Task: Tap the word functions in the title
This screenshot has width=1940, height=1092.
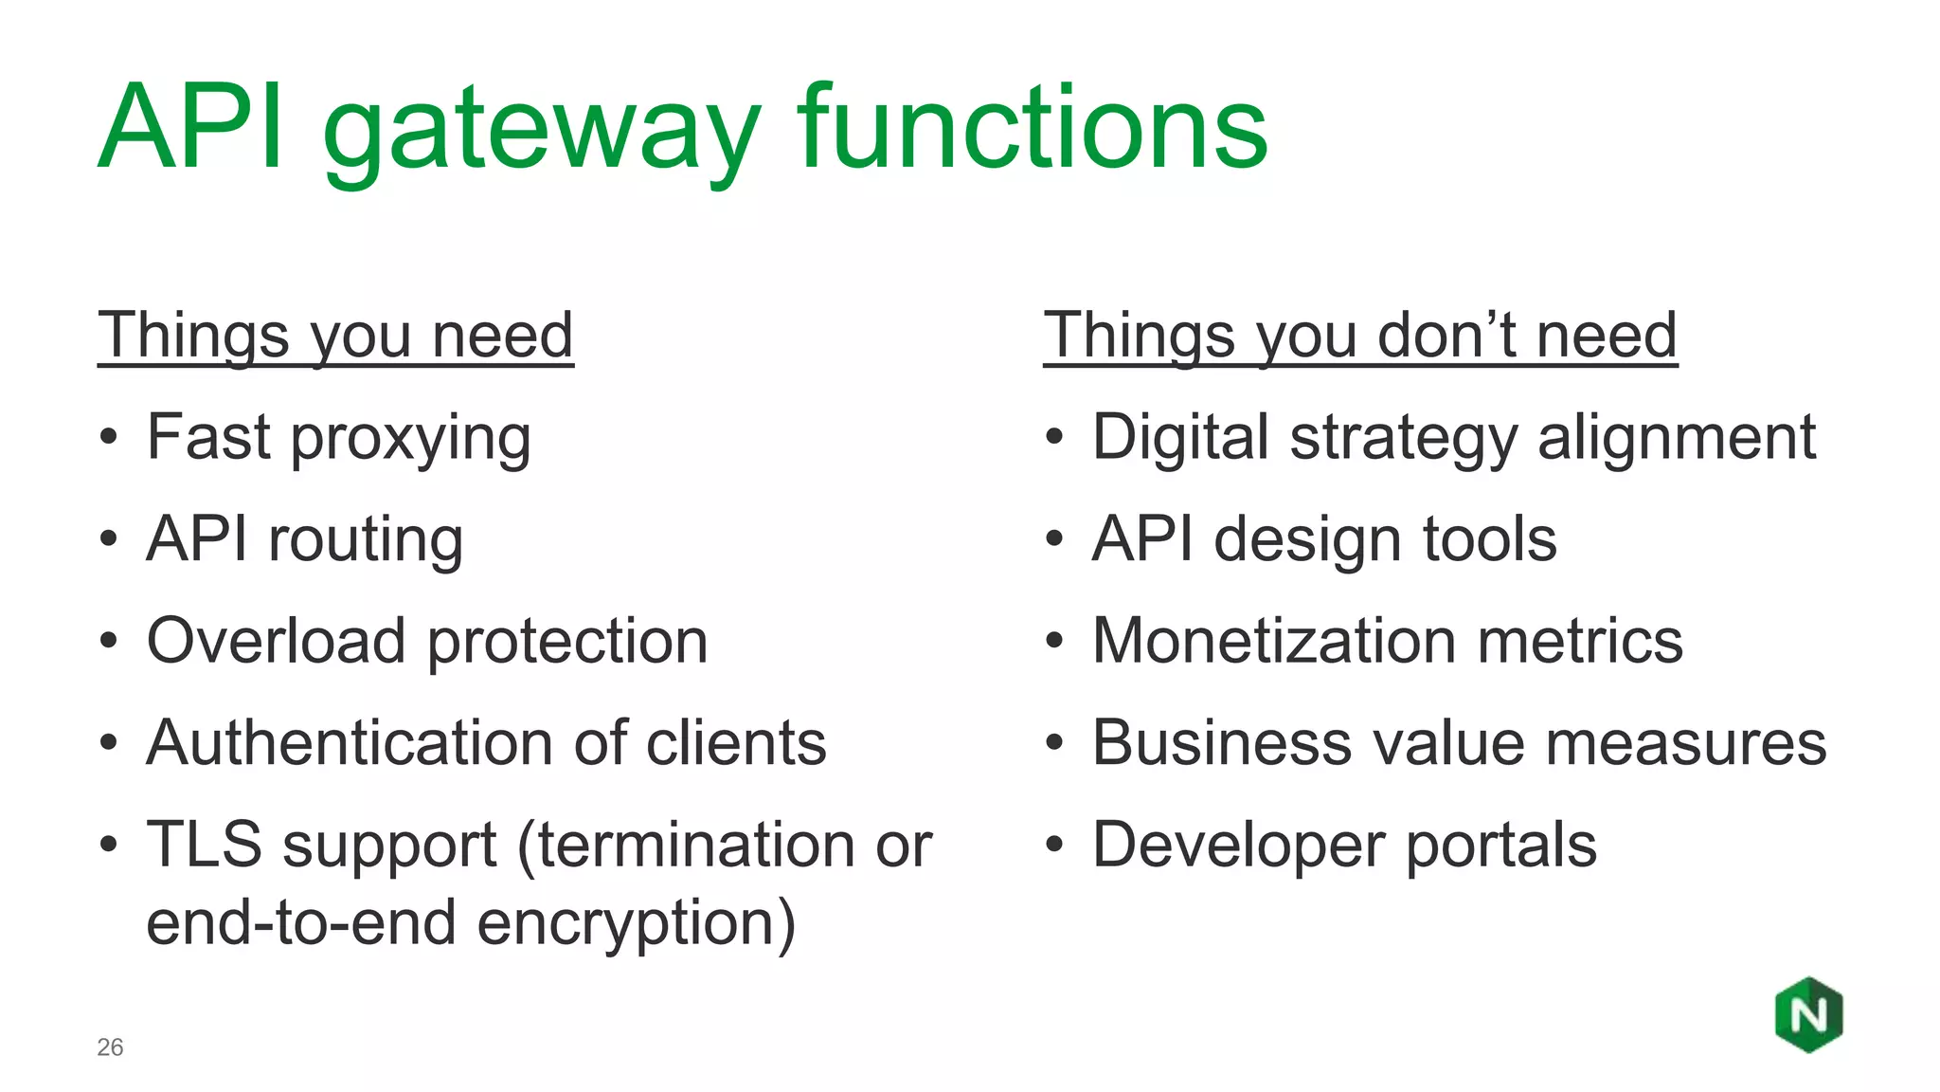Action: tap(1033, 128)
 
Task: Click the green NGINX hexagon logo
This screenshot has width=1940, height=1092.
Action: tap(1808, 1015)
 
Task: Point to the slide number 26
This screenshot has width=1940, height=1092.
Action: tap(110, 1047)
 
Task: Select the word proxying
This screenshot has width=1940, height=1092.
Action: tap(410, 441)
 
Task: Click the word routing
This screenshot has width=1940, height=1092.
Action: tap(366, 540)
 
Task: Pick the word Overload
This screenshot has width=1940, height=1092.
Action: tap(277, 641)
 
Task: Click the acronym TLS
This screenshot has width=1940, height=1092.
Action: tap(204, 845)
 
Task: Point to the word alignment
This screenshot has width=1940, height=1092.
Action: tap(1676, 439)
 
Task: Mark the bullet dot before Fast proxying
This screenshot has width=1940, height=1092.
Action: tap(109, 439)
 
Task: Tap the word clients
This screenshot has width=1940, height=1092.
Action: tap(736, 742)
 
